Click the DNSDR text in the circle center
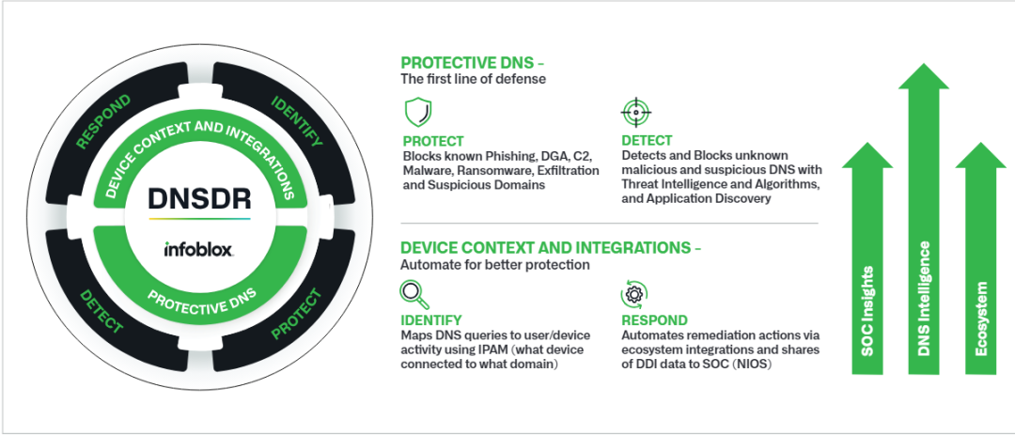coord(199,198)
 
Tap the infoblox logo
coord(198,249)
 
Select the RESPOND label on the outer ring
coord(103,122)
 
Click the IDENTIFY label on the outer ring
coord(296,121)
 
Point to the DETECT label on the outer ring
coord(101,311)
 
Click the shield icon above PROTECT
coord(418,113)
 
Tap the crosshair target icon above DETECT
coord(635,113)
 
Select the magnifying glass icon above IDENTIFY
coord(414,295)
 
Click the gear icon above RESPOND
coord(634,294)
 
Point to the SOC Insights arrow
coord(867,259)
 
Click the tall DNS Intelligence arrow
coord(925,220)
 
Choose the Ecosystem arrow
coord(980,259)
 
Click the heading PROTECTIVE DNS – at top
coord(473,63)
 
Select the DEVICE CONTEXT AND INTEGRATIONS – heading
coord(551,248)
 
